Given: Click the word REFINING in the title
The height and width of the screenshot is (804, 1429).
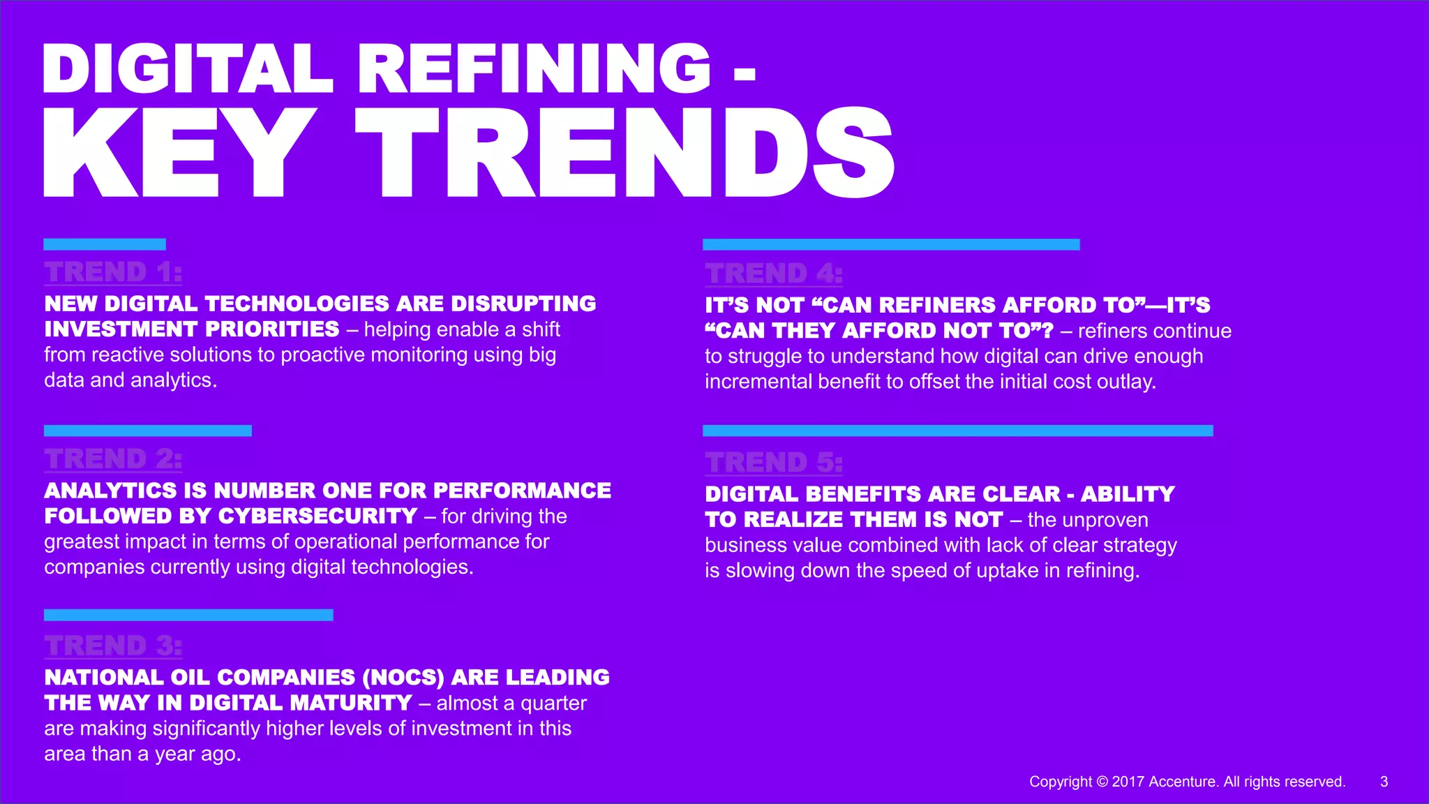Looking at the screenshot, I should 534,68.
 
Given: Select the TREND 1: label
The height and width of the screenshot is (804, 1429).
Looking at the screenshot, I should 113,271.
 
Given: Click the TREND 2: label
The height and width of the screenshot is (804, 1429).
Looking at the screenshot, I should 113,459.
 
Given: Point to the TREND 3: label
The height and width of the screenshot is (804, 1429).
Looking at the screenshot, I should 113,646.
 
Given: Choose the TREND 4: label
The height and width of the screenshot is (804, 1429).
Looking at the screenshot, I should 774,274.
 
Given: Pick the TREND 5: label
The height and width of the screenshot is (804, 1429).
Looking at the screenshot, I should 774,462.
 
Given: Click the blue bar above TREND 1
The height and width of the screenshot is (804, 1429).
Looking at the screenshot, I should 105,244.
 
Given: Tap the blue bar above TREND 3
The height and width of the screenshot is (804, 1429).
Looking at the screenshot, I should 188,615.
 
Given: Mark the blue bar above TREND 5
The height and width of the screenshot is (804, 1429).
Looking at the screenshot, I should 957,431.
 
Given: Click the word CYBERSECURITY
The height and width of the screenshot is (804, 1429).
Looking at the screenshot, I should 317,516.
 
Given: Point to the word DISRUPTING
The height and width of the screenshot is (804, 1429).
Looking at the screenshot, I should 523,304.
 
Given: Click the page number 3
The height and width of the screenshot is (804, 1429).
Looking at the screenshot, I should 1384,782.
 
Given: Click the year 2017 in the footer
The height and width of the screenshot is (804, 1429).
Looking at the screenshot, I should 1128,782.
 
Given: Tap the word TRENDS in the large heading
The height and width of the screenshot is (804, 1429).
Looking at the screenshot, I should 625,154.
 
